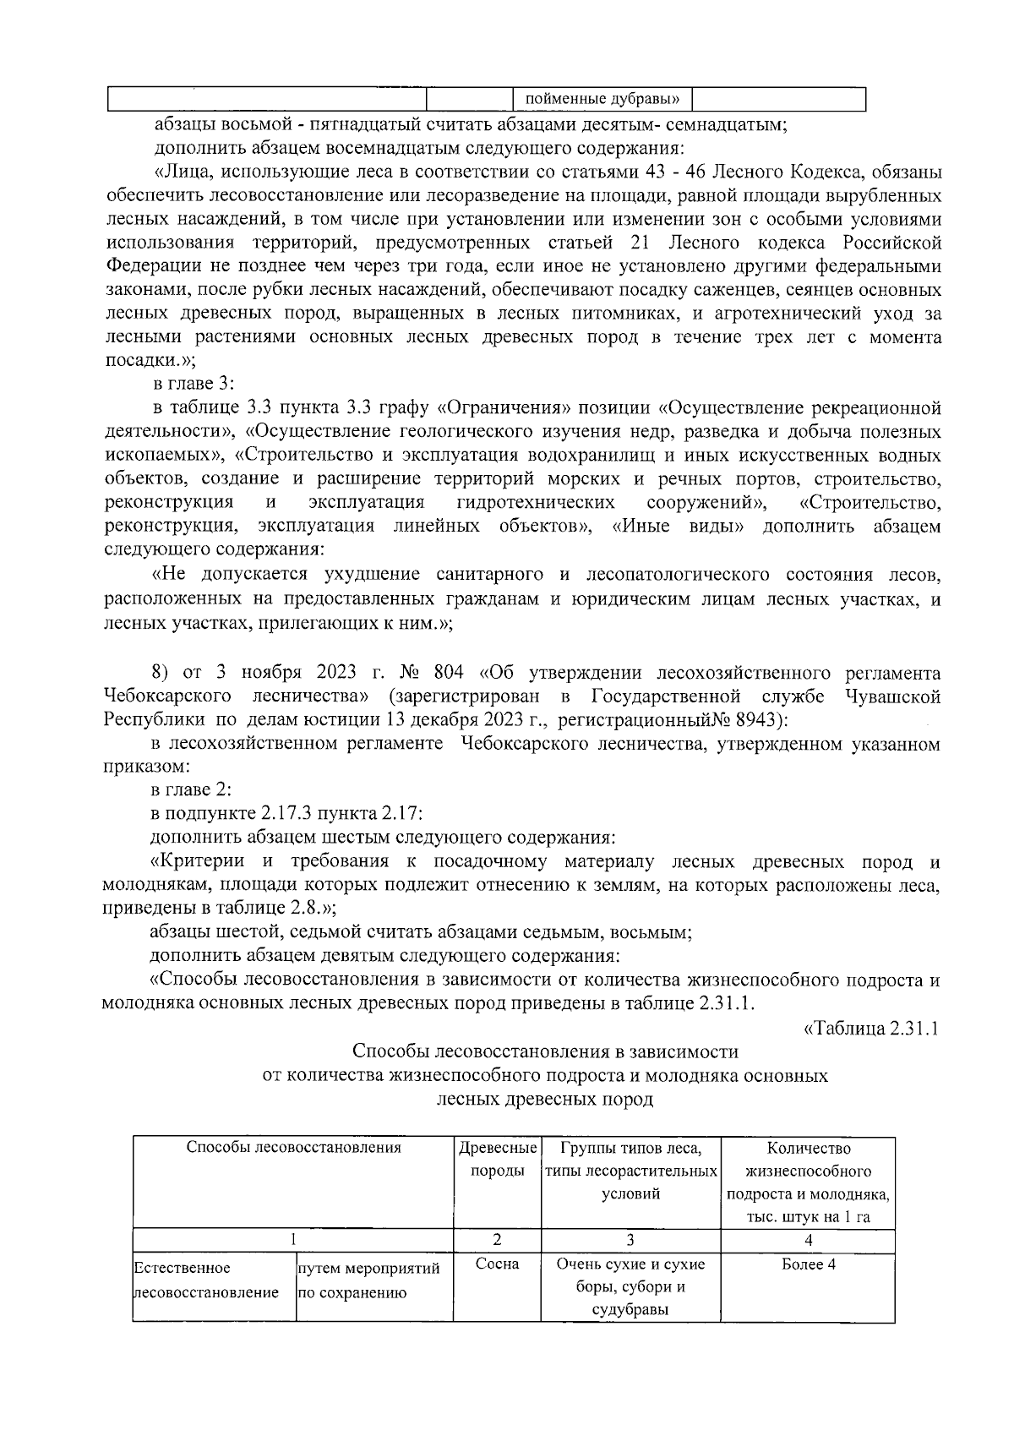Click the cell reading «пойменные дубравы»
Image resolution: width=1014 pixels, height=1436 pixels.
602,100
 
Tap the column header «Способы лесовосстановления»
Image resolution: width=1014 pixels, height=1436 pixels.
293,1148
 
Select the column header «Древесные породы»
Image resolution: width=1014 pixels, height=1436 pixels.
497,1160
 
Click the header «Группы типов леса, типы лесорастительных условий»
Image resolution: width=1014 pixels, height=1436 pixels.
630,1171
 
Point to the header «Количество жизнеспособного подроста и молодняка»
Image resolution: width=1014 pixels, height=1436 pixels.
808,1182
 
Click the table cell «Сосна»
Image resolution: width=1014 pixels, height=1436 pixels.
497,1264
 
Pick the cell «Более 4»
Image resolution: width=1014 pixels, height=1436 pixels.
808,1264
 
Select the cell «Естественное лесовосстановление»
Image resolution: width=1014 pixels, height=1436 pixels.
206,1280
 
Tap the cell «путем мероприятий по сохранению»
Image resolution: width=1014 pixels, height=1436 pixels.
368,1280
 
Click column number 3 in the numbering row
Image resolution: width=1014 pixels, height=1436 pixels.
630,1240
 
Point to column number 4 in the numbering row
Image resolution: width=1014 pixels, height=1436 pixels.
808,1240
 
